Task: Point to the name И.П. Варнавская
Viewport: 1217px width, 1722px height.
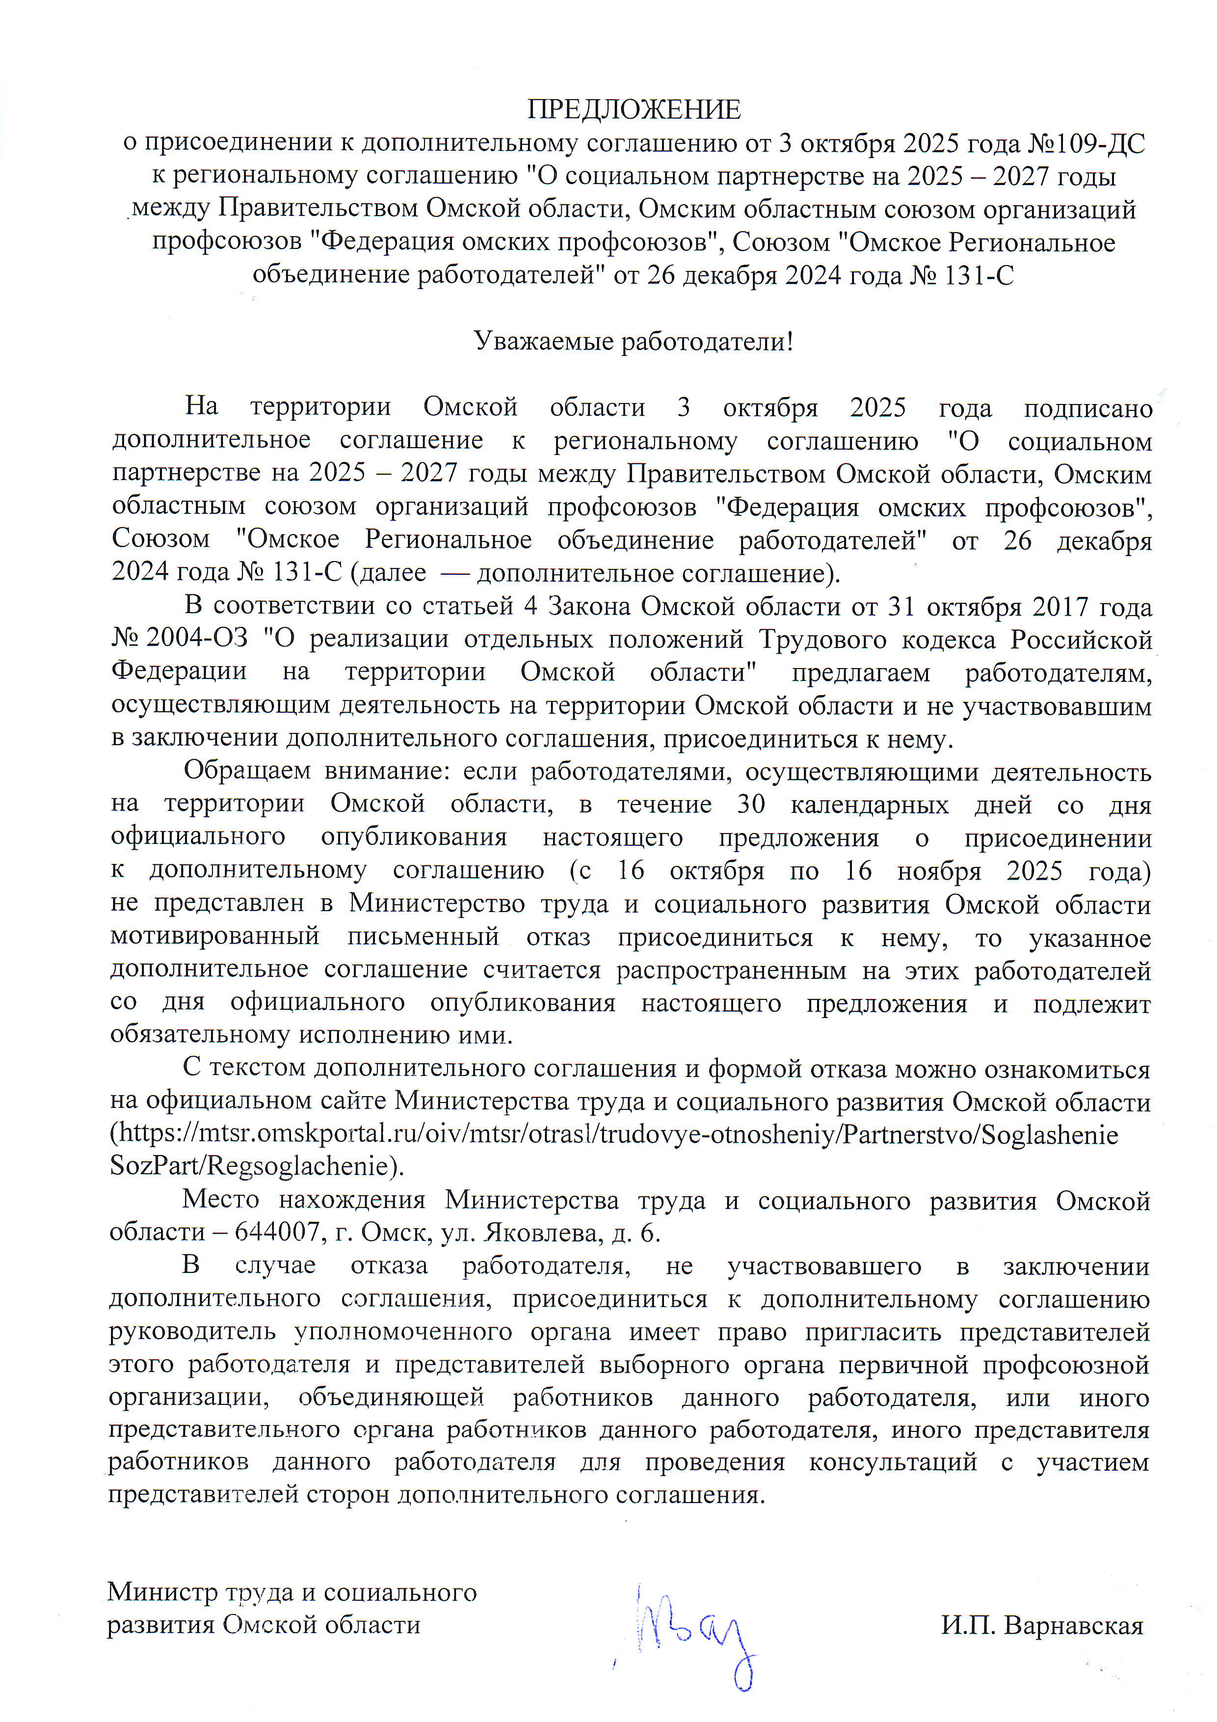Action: point(1042,1626)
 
